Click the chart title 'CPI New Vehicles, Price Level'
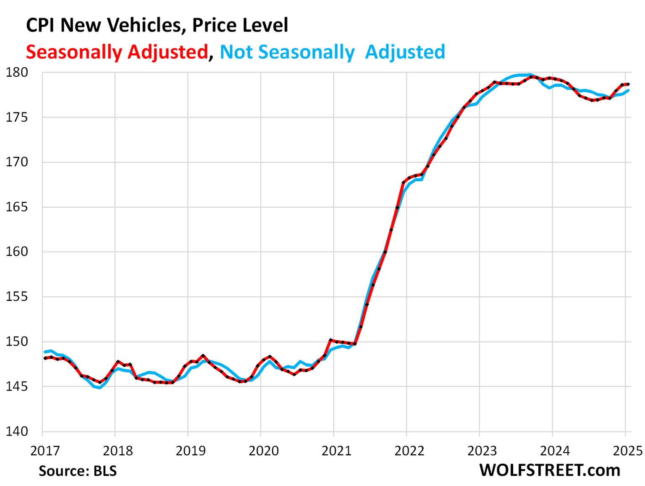(157, 25)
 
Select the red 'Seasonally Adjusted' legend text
(117, 52)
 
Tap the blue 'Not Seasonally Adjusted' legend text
(332, 52)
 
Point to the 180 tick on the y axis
(17, 73)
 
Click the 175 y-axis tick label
(17, 118)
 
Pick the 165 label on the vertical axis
(17, 207)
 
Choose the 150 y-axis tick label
(17, 342)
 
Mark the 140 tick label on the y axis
(17, 431)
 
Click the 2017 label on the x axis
(45, 451)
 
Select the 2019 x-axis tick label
(191, 451)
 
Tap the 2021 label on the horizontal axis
(336, 451)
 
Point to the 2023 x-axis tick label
(482, 451)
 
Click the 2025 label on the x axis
(628, 451)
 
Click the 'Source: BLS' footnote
(78, 471)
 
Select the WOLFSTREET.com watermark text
(550, 470)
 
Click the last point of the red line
(628, 84)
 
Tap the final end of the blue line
(628, 90)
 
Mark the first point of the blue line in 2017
(45, 352)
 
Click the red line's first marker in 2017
(45, 358)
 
